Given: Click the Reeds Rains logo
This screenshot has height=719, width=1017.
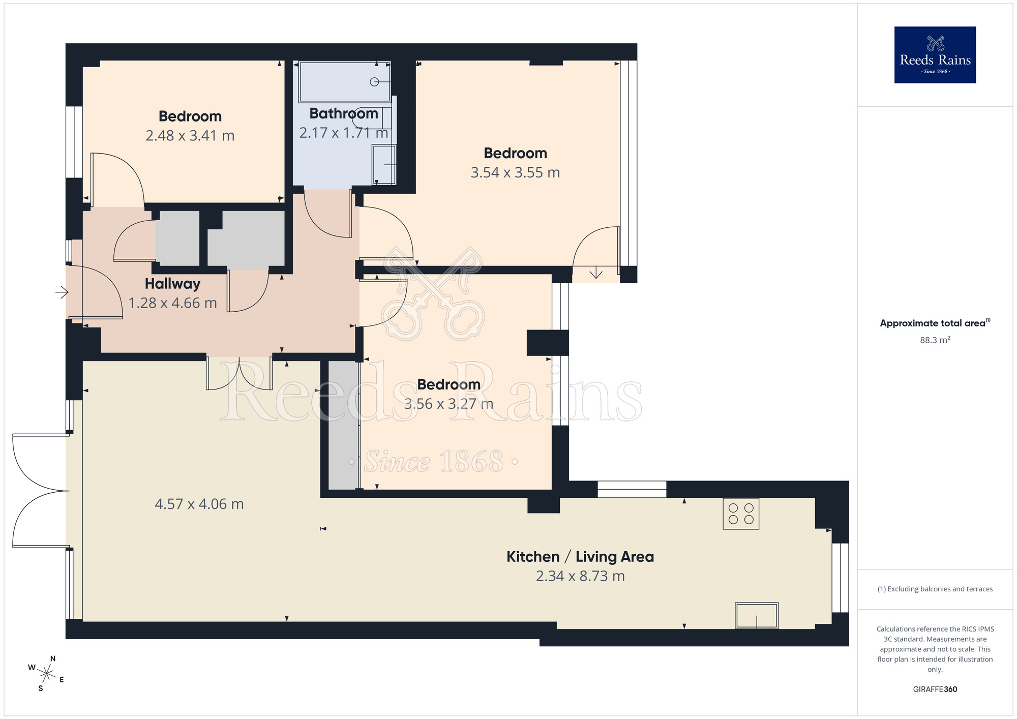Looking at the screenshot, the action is pyautogui.click(x=935, y=55).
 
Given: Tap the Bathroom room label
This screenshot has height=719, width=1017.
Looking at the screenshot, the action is pyautogui.click(x=344, y=113).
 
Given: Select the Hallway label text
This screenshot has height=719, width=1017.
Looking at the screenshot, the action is pyautogui.click(x=172, y=284).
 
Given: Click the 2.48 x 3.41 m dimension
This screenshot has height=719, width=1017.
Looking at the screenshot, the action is pyautogui.click(x=190, y=136).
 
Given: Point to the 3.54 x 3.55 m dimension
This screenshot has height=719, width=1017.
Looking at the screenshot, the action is pyautogui.click(x=515, y=172).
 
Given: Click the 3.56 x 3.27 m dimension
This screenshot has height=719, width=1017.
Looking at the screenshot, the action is pyautogui.click(x=448, y=404).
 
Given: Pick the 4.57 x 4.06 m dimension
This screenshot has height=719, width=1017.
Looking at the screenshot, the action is pyautogui.click(x=199, y=504).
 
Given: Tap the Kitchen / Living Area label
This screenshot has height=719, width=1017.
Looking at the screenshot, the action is pyautogui.click(x=580, y=557).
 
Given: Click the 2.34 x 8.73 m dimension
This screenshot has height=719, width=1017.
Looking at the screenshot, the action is pyautogui.click(x=580, y=576).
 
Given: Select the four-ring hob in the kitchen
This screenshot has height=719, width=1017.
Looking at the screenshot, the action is pyautogui.click(x=741, y=514).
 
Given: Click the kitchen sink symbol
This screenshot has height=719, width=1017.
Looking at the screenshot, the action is pyautogui.click(x=757, y=615).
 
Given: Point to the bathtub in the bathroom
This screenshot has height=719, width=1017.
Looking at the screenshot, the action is pyautogui.click(x=345, y=82).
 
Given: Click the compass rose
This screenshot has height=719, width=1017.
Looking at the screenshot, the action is pyautogui.click(x=46, y=674).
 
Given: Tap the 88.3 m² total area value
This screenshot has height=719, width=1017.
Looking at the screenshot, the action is pyautogui.click(x=935, y=340).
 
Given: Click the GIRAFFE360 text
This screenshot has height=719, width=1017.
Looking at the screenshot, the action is pyautogui.click(x=935, y=690).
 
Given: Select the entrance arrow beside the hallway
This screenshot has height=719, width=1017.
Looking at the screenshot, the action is pyautogui.click(x=62, y=292).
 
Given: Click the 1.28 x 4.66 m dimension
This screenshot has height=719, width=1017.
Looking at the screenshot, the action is pyautogui.click(x=172, y=303).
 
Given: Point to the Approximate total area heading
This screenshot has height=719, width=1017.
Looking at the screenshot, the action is pyautogui.click(x=935, y=323).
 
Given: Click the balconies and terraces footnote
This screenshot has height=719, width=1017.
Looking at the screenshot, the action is pyautogui.click(x=935, y=589).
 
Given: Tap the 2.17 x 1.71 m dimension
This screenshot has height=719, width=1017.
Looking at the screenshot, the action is pyautogui.click(x=344, y=133).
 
